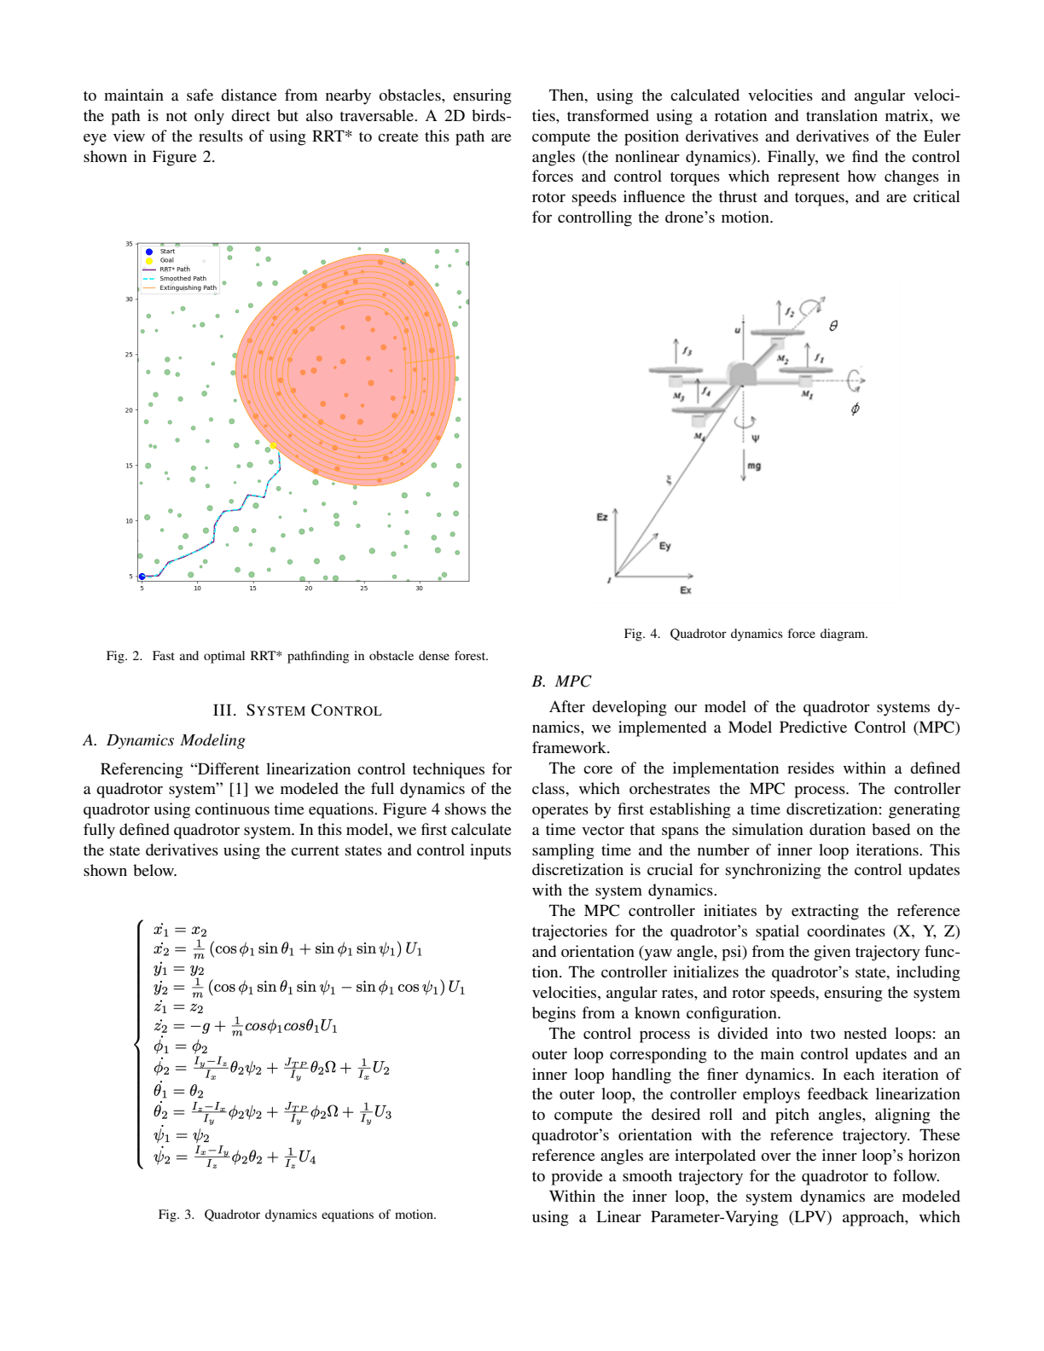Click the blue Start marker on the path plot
(142, 577)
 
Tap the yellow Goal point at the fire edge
(272, 445)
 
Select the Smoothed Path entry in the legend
(182, 279)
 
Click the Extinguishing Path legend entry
(187, 288)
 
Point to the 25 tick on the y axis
(130, 355)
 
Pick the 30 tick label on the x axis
(419, 588)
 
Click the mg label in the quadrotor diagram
(754, 466)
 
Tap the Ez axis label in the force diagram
(602, 517)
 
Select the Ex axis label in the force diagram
(685, 590)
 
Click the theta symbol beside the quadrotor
(833, 326)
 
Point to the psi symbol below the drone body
(755, 438)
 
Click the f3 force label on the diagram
(687, 351)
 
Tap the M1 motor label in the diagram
(806, 394)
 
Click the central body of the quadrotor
(741, 374)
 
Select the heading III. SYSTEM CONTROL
(297, 710)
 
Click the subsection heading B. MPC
(561, 681)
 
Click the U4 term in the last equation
(307, 1157)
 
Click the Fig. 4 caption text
(745, 634)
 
